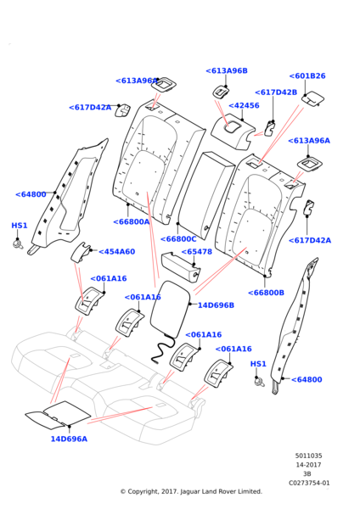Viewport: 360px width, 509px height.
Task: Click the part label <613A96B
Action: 227,70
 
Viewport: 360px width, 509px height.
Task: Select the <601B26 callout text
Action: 307,76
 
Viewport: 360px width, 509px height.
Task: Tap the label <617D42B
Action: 276,92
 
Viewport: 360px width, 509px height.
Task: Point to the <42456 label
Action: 244,105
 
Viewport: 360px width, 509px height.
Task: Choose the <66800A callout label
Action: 132,221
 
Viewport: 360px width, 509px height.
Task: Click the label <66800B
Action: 266,293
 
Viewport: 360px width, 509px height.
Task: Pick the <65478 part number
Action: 197,252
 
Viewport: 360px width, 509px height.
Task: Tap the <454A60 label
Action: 116,252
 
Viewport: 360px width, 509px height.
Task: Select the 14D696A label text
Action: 69,439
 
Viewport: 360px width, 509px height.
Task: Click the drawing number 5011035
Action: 309,456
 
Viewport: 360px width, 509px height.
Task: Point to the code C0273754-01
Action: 309,483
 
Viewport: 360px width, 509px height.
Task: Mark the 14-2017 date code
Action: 308,465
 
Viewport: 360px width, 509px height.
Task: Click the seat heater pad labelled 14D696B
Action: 170,310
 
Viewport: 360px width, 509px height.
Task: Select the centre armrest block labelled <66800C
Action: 205,196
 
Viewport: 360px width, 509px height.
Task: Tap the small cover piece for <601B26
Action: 313,98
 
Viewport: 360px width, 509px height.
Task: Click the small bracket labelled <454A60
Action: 80,252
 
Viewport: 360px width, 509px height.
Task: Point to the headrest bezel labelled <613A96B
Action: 221,92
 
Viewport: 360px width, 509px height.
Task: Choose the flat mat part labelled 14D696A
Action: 59,413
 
